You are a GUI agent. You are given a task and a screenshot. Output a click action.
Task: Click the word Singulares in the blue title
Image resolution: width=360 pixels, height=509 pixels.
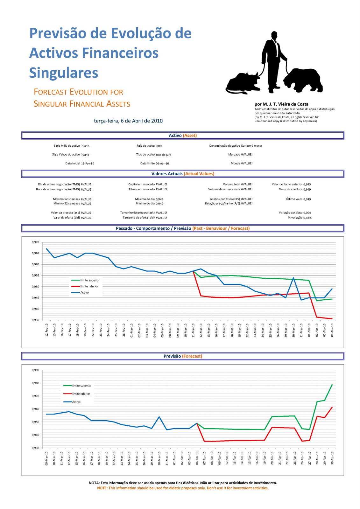[64, 73]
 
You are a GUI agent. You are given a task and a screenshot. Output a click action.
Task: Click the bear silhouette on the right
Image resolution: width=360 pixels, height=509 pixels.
[304, 80]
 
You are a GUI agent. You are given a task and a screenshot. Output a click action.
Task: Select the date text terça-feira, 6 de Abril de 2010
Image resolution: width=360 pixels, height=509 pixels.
[128, 121]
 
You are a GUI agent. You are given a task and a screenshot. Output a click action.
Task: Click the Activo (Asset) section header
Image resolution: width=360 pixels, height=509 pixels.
[183, 136]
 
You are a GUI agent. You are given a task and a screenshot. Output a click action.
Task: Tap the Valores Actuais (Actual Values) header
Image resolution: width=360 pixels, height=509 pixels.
[183, 174]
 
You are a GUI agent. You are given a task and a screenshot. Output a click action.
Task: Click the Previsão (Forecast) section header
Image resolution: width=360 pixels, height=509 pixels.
[183, 356]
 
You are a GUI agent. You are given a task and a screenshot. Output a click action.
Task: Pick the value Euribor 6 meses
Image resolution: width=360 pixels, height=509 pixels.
[251, 146]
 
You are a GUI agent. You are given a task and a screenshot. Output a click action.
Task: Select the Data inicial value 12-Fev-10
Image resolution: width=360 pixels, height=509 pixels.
[88, 164]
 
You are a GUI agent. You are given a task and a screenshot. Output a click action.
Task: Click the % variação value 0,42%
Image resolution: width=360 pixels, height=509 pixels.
[307, 218]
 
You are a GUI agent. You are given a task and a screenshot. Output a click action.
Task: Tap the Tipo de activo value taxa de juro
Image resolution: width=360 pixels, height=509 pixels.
[163, 155]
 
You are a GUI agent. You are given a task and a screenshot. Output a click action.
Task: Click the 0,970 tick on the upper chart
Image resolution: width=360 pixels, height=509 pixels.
[35, 242]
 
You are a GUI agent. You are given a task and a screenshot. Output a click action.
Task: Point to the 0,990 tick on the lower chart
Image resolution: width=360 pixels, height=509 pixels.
[35, 370]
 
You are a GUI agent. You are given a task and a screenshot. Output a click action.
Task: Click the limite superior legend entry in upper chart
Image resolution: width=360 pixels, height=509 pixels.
[89, 280]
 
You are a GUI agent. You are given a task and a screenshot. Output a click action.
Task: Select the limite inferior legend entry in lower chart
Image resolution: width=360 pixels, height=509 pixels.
[81, 394]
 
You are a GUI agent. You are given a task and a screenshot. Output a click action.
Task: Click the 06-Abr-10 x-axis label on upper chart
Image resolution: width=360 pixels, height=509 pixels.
[332, 330]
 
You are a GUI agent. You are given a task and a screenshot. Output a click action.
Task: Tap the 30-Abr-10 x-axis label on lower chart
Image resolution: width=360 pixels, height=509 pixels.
[332, 458]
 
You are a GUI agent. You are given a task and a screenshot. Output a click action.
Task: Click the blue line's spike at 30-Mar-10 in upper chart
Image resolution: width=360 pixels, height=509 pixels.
[293, 278]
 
